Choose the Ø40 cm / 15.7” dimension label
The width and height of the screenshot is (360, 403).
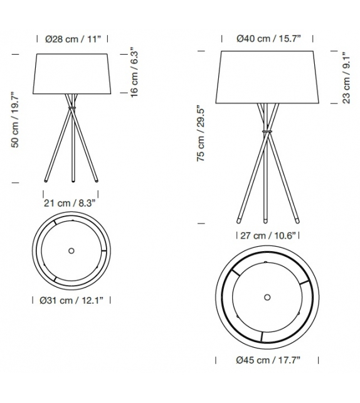(268, 40)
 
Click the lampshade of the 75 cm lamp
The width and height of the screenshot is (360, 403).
(268, 78)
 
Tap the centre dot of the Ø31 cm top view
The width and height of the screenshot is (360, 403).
(71, 250)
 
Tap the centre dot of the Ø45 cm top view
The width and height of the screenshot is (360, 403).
(268, 296)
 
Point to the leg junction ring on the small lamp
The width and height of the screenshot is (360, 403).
(71, 109)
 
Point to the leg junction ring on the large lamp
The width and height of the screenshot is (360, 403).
(268, 131)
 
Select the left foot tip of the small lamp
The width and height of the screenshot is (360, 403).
(45, 181)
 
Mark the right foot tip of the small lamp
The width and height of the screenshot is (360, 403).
(98, 181)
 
